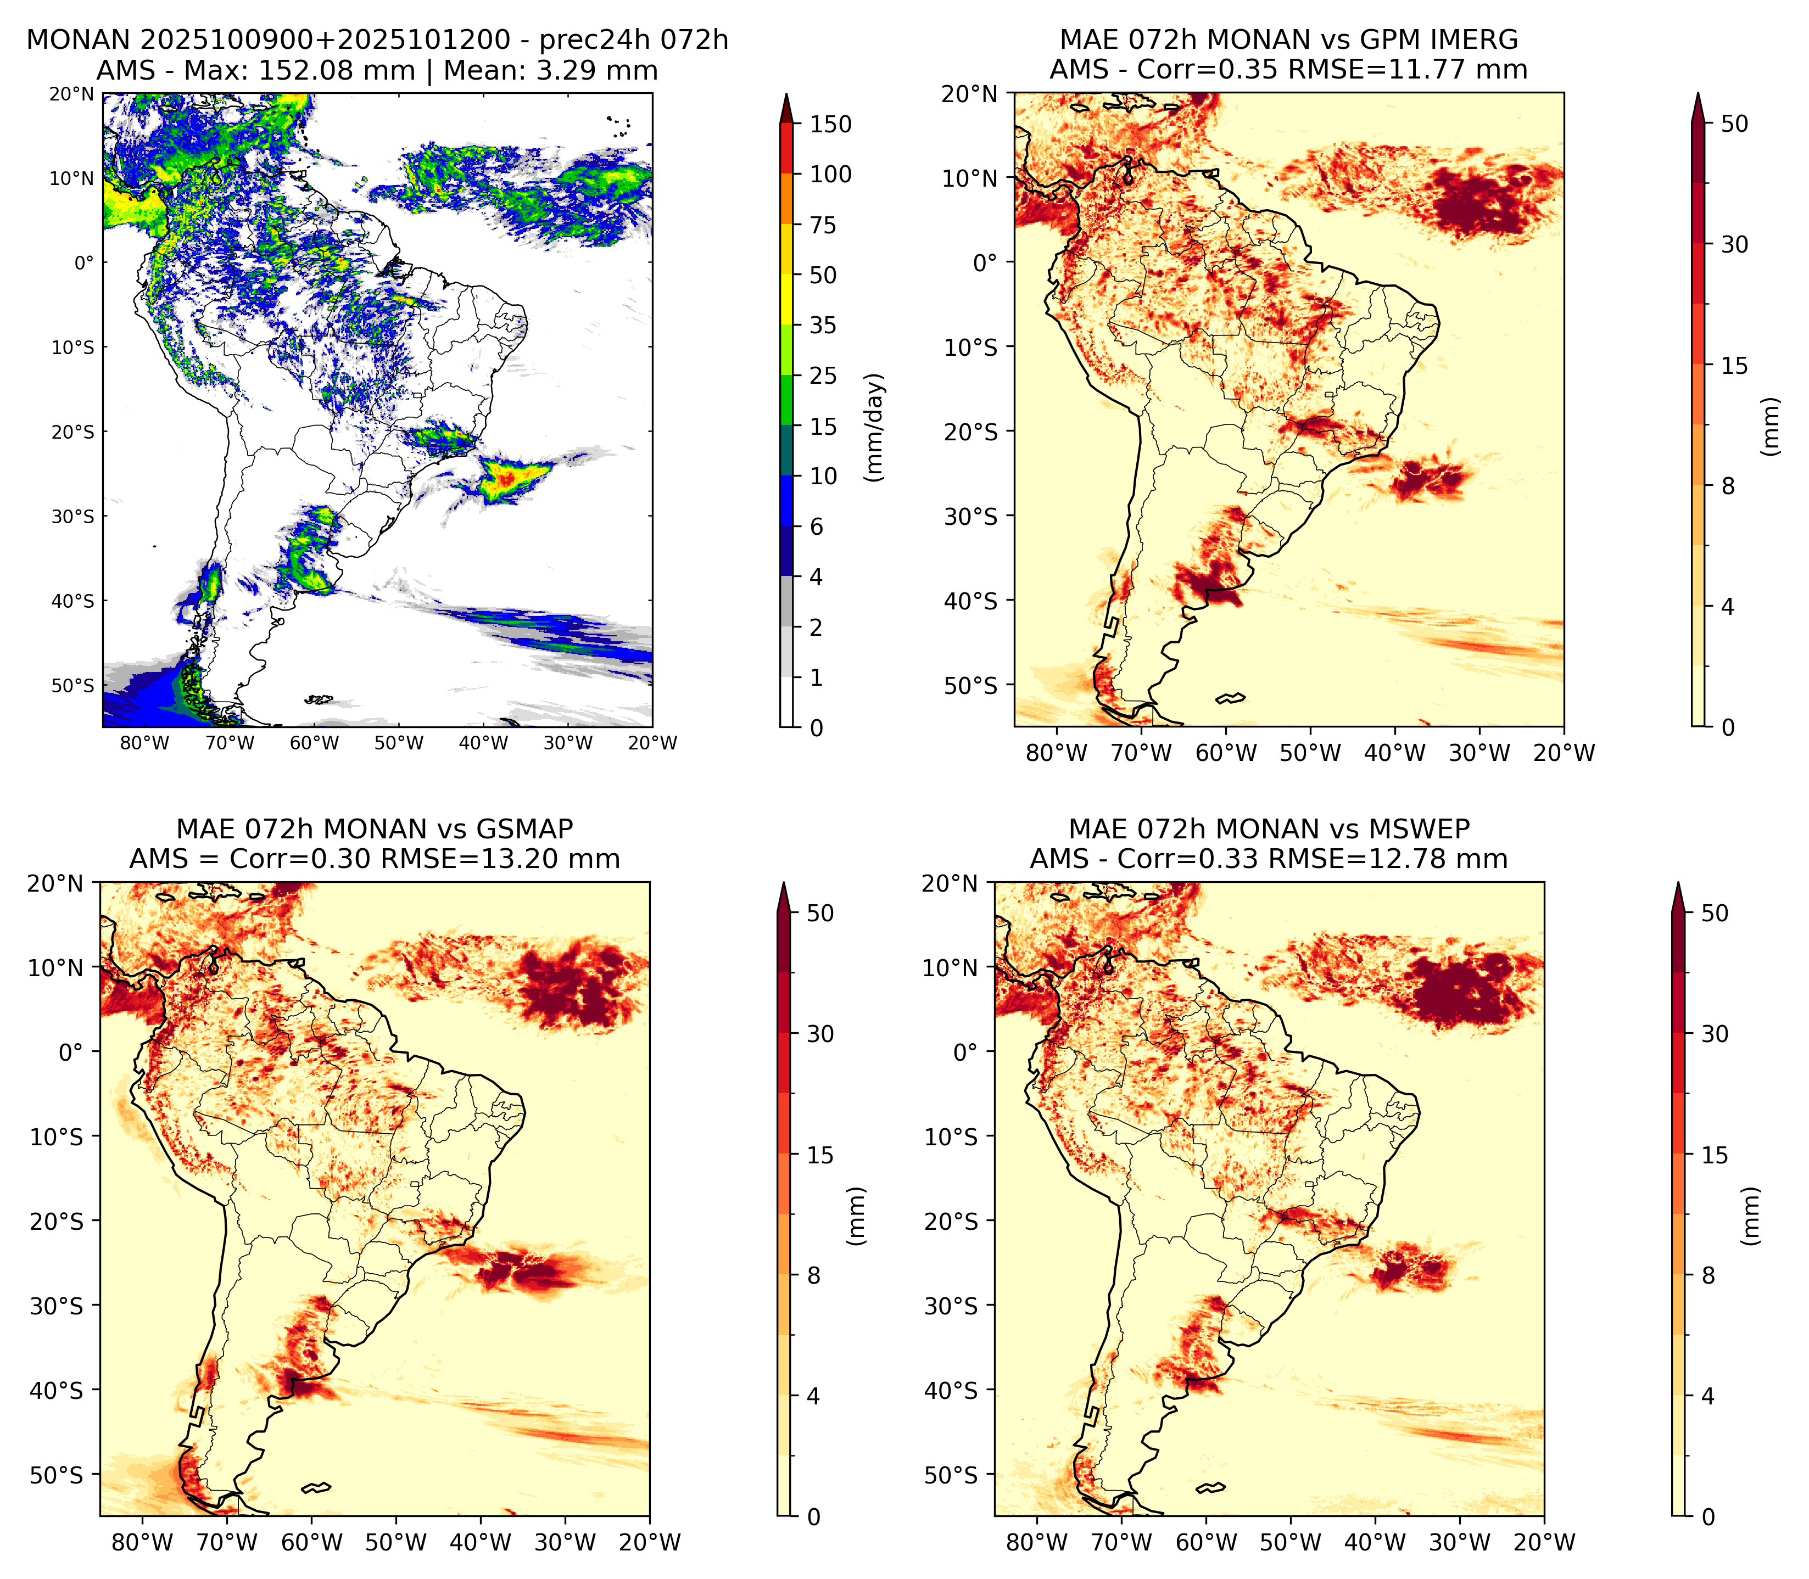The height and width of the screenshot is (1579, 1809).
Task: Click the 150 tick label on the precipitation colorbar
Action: point(831,124)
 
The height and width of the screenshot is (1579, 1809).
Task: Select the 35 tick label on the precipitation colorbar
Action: point(823,325)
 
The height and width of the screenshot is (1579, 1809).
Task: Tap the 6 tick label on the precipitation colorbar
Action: point(817,526)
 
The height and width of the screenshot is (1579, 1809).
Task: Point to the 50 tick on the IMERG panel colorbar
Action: point(1734,124)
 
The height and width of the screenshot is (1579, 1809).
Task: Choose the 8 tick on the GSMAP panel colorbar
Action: point(814,1275)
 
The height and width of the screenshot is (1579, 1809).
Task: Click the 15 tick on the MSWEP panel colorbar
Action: point(1715,1154)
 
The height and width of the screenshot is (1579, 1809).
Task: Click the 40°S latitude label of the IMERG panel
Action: point(971,601)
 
